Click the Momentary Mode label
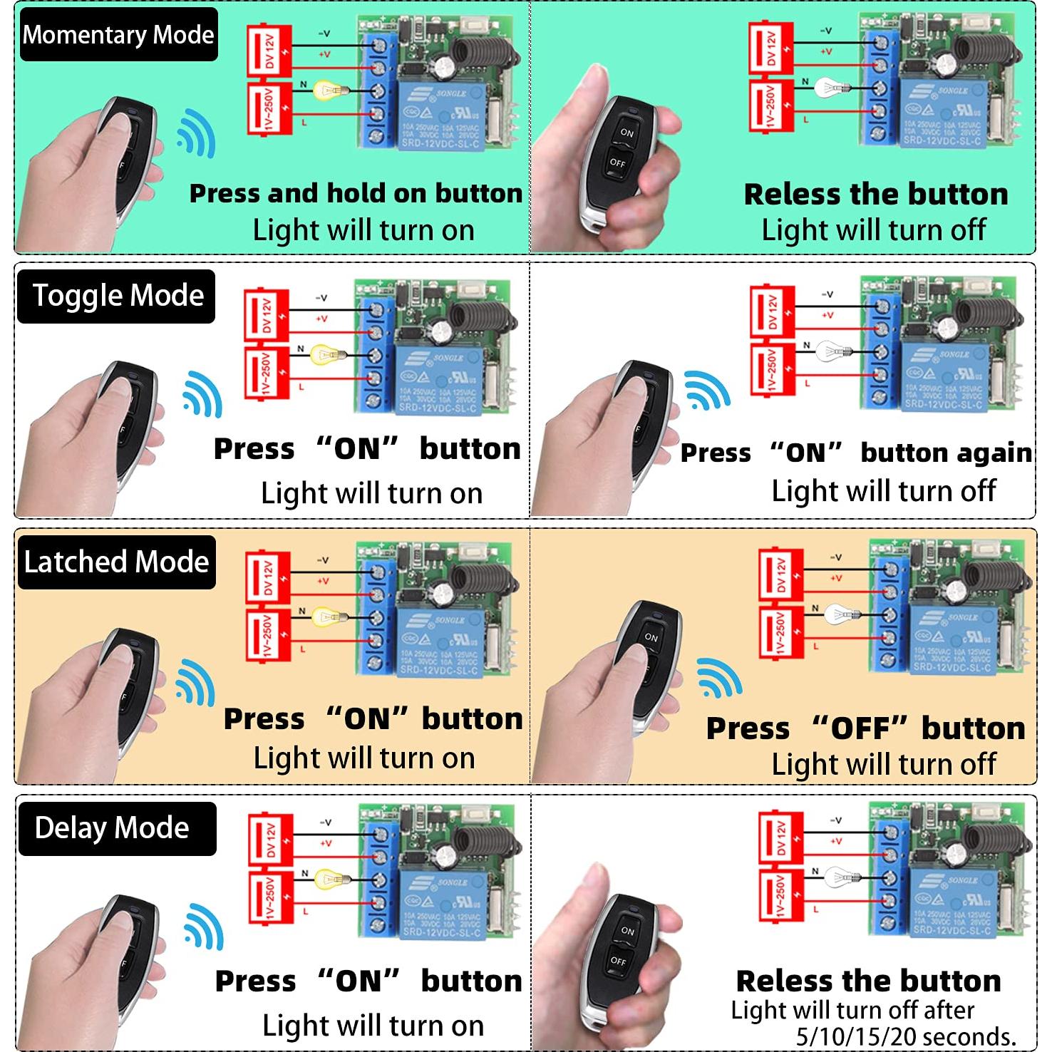point(118,34)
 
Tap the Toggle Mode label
point(118,296)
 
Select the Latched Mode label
point(116,562)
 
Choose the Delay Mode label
point(112,828)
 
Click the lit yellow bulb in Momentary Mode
point(331,90)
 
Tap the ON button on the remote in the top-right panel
point(626,133)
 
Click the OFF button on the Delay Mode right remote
point(617,961)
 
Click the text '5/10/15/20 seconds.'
point(906,1036)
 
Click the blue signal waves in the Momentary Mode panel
point(195,134)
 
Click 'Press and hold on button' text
point(356,194)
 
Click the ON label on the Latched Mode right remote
point(651,637)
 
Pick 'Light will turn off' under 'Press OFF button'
point(884,764)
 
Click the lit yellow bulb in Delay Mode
point(329,877)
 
